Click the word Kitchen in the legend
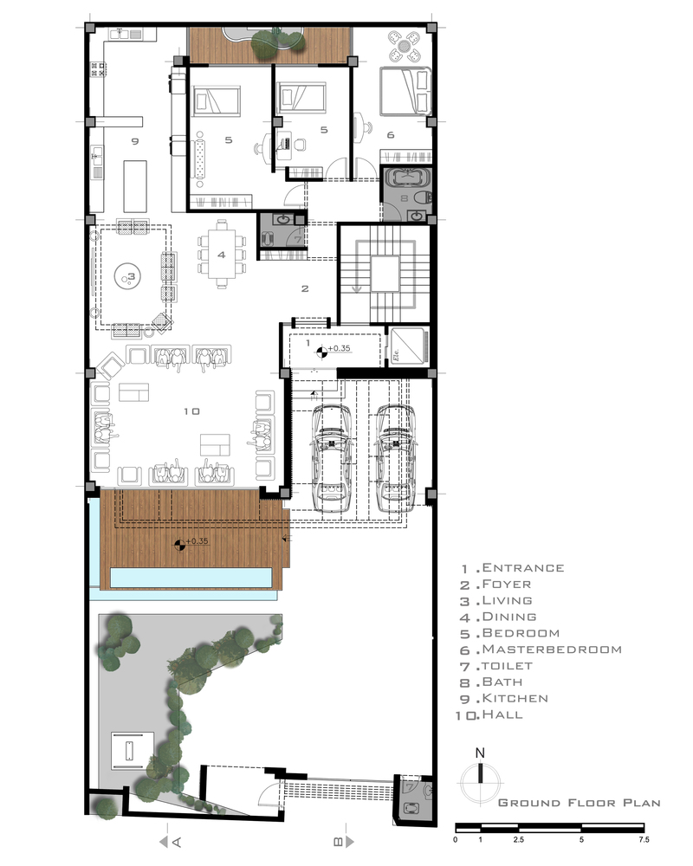(x=515, y=698)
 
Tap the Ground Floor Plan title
(x=580, y=803)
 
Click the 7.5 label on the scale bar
(x=644, y=839)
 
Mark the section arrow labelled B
(x=343, y=842)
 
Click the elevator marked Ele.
(x=408, y=346)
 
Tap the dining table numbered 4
(x=222, y=255)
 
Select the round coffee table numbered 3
(x=128, y=277)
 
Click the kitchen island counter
(x=135, y=186)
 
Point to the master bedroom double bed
(x=405, y=92)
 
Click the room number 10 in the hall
(x=191, y=411)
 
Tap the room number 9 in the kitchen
(x=135, y=141)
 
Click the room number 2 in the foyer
(x=305, y=288)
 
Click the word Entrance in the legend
(x=523, y=568)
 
